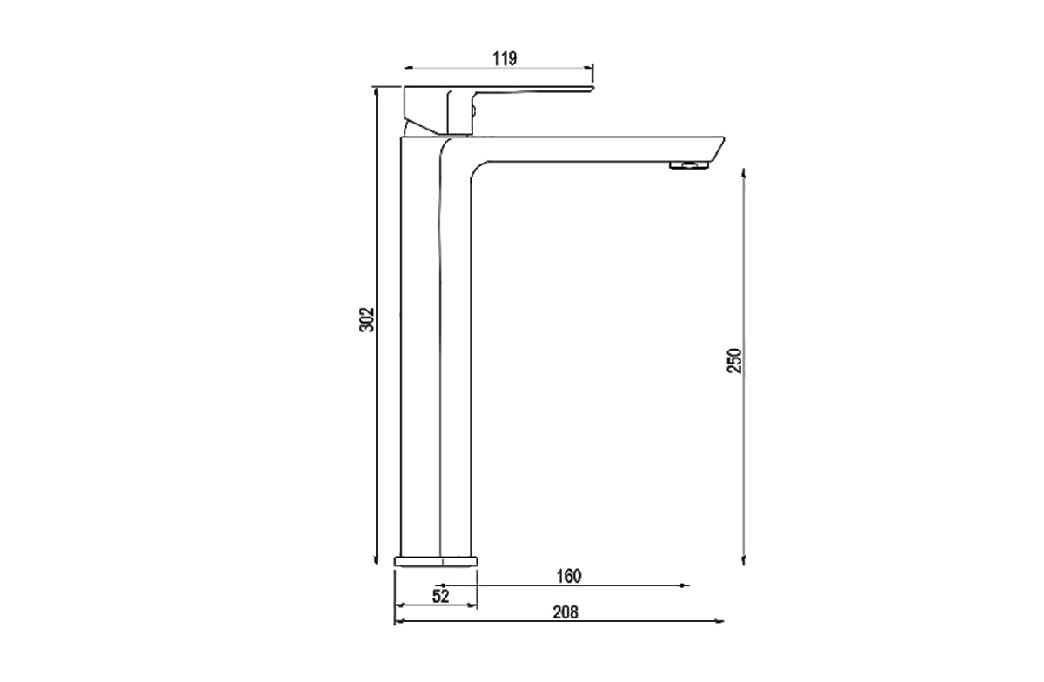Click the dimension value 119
[505, 58]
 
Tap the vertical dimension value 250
[735, 360]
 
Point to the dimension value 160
[566, 575]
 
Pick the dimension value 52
[440, 596]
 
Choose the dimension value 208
[565, 612]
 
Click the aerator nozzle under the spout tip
[688, 165]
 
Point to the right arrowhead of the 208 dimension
[719, 621]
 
